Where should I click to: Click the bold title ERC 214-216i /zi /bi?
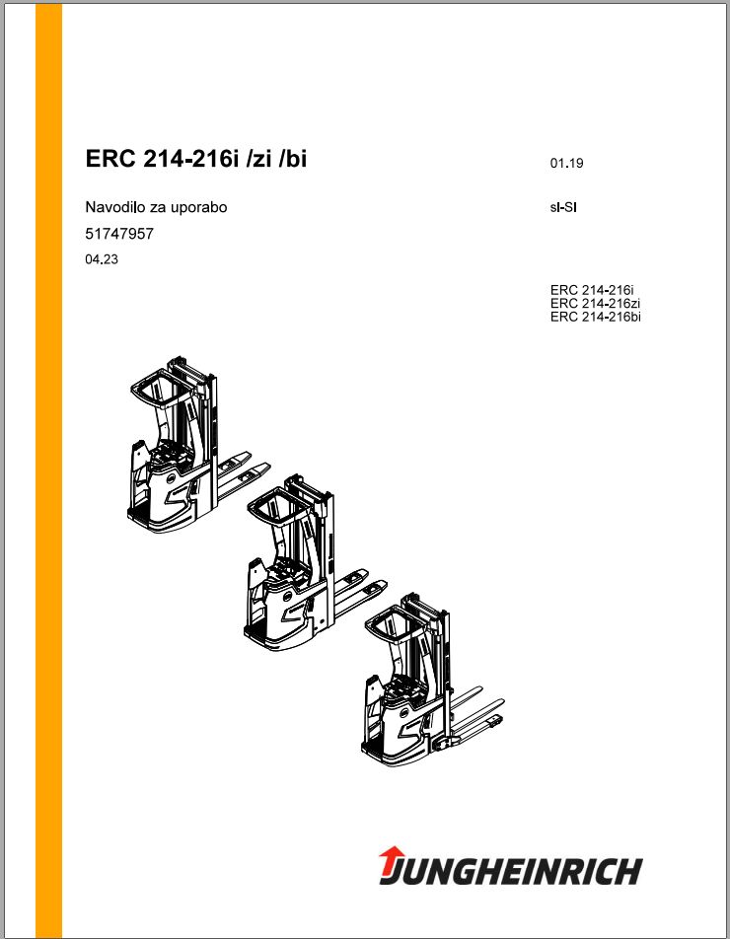tap(196, 160)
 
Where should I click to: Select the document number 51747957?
tap(119, 234)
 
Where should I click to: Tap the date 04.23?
tap(102, 259)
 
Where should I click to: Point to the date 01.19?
tap(566, 163)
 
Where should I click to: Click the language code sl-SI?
tap(563, 208)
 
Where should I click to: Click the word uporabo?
tap(199, 208)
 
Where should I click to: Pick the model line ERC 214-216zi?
tap(595, 304)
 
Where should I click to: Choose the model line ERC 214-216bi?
tap(595, 317)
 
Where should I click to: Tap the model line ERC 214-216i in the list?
tap(592, 290)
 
